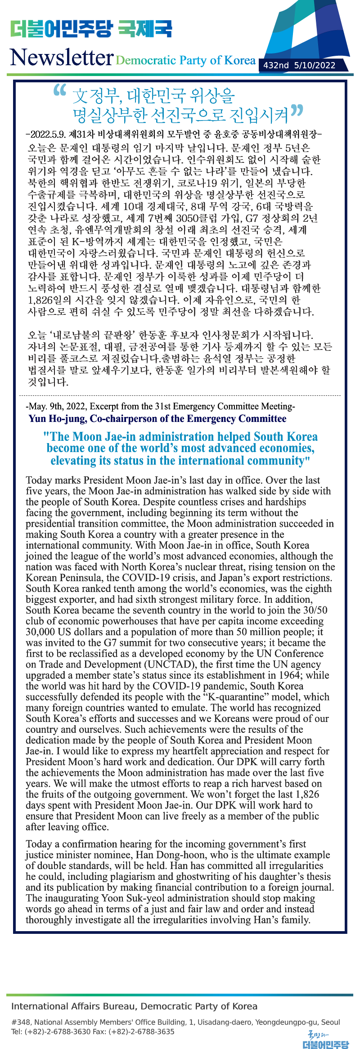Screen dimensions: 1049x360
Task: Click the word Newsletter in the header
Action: coord(62,58)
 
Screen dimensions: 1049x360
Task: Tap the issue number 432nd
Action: coord(276,65)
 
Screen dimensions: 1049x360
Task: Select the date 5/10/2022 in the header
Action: coord(315,65)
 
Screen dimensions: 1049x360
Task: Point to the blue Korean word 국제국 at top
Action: coord(145,29)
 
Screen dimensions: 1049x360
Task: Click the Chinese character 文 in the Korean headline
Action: coord(80,96)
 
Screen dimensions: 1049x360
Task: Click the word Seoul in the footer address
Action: coord(330,1022)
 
